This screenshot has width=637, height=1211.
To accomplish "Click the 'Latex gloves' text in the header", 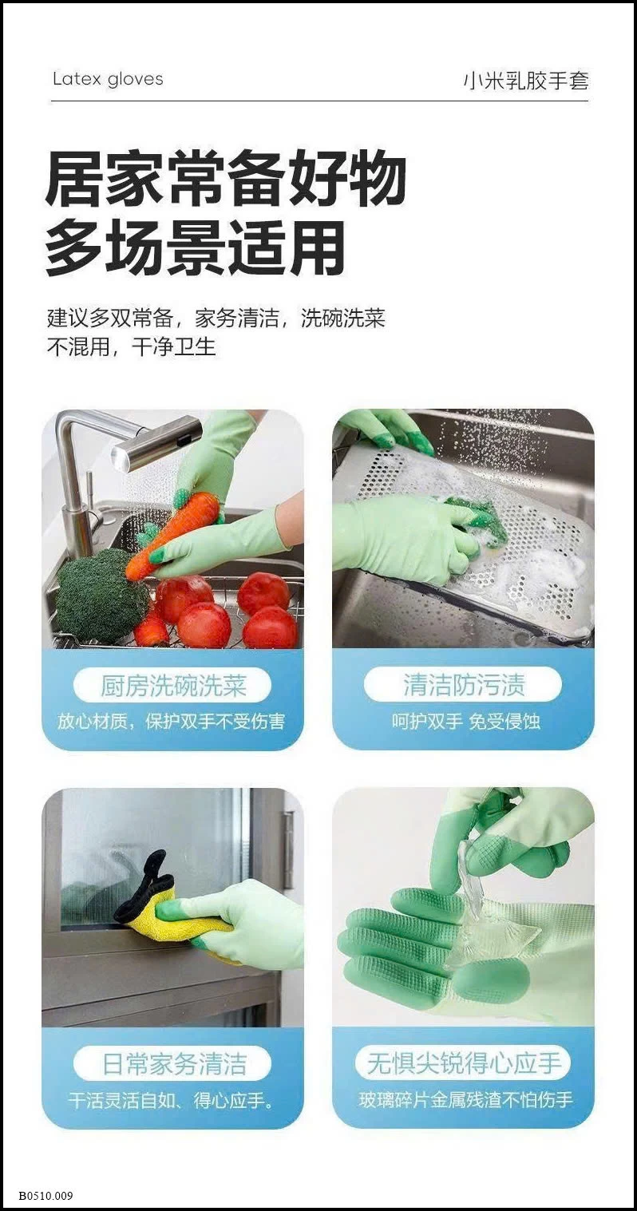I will [x=108, y=79].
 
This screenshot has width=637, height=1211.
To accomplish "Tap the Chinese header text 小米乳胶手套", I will [x=526, y=81].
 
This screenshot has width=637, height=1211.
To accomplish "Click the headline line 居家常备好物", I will [x=226, y=180].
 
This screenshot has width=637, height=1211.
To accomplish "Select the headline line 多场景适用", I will [x=196, y=248].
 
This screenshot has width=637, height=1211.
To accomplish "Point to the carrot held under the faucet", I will [x=172, y=530].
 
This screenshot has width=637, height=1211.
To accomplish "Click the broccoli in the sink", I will [x=99, y=596].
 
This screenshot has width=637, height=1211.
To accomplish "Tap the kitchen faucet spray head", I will [x=156, y=442].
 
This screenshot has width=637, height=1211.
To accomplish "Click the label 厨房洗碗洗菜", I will [x=173, y=686].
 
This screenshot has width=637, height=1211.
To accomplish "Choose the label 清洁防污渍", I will [x=463, y=686].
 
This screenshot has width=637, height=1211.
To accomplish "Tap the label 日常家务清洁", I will [x=173, y=1064].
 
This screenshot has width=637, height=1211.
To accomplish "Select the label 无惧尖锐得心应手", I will [x=463, y=1064].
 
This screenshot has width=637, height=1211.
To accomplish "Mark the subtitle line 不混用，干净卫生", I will [x=131, y=347].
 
